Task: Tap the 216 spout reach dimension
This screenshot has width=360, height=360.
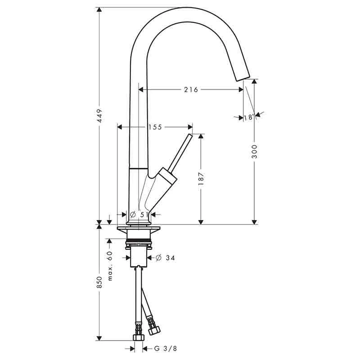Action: tap(191, 90)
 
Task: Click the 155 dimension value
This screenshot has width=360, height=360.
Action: tap(154, 127)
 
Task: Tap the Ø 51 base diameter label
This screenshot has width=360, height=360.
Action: tap(139, 215)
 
